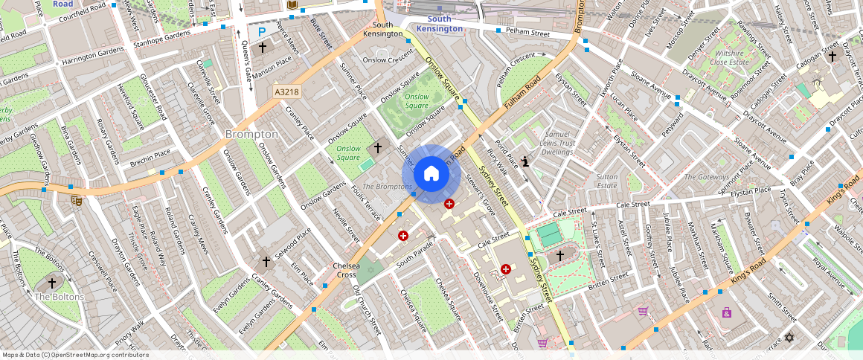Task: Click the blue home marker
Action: (x=431, y=174)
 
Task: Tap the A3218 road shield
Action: (x=286, y=91)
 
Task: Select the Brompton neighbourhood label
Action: (x=251, y=134)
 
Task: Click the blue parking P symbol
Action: (x=261, y=32)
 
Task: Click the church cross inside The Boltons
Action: (x=52, y=283)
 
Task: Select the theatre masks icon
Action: (x=76, y=199)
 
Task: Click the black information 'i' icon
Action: (x=526, y=161)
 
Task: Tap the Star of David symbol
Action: (x=789, y=338)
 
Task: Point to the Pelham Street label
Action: (x=527, y=33)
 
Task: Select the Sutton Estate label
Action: (x=607, y=181)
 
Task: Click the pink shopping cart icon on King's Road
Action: (x=642, y=311)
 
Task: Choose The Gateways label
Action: (x=707, y=177)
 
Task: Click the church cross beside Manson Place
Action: (x=262, y=48)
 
